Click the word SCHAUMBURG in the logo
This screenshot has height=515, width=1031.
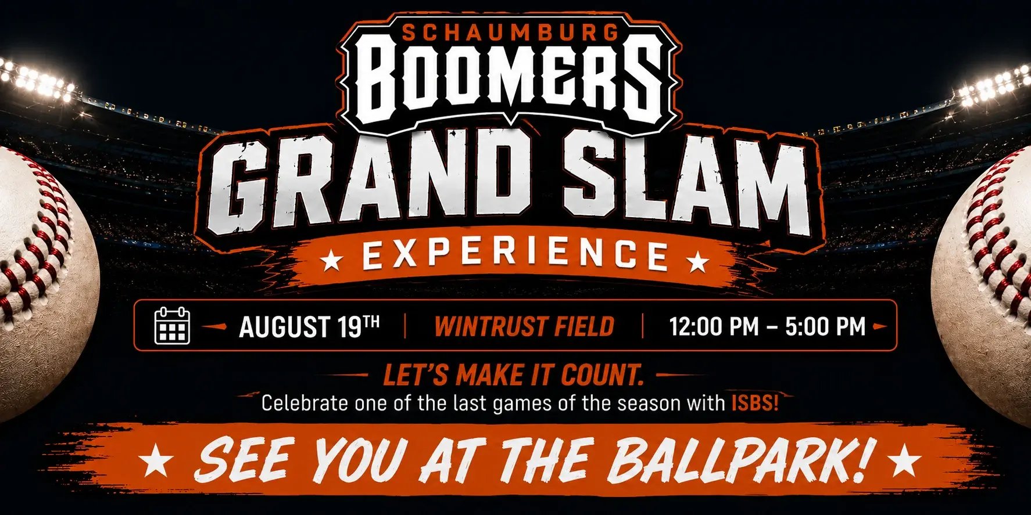pyautogui.click(x=510, y=33)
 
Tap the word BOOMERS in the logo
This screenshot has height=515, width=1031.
pyautogui.click(x=509, y=81)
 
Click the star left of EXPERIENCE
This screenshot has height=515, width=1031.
pyautogui.click(x=332, y=260)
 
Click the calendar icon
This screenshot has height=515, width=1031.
pyautogui.click(x=173, y=326)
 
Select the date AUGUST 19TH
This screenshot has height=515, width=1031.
pyautogui.click(x=309, y=326)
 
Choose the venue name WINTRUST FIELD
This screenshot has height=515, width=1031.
pyautogui.click(x=524, y=326)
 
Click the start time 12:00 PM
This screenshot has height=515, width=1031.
pyautogui.click(x=714, y=326)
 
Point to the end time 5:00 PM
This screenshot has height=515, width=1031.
pyautogui.click(x=825, y=326)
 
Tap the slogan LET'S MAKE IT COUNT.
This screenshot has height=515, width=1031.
pyautogui.click(x=514, y=375)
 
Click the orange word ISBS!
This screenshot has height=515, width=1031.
pyautogui.click(x=755, y=402)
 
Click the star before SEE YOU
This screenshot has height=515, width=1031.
pyautogui.click(x=157, y=463)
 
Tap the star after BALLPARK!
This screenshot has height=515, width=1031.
pyautogui.click(x=905, y=463)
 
